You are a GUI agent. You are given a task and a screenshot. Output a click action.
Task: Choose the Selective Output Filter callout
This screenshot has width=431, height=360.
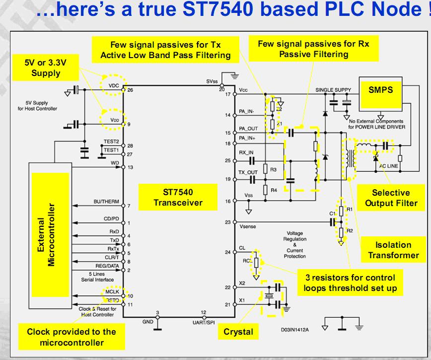[391, 198]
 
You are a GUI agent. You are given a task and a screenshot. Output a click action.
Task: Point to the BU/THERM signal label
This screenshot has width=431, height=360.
[104, 202]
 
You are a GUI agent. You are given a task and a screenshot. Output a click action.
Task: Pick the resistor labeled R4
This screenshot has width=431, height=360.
[266, 189]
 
